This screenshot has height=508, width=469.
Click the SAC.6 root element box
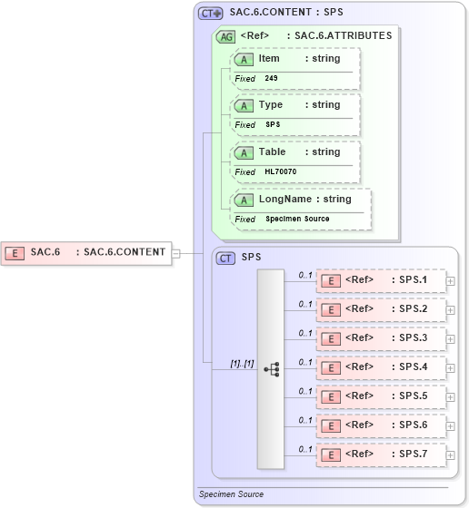[87, 252]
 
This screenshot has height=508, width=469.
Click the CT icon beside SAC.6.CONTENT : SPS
[211, 14]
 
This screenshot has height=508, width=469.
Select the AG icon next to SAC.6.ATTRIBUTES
[225, 36]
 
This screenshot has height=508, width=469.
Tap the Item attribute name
[269, 58]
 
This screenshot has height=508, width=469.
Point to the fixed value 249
[272, 79]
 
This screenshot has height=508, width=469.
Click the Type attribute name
[271, 105]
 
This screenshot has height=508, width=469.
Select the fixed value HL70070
[281, 171]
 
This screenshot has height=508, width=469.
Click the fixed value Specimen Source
[297, 220]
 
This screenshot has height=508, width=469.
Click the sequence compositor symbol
[271, 369]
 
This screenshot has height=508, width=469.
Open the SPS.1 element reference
[382, 281]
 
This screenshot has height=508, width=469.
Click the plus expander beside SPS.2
[451, 310]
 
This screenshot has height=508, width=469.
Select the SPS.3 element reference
[382, 338]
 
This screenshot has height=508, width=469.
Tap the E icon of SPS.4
[333, 367]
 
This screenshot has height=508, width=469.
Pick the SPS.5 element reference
[382, 396]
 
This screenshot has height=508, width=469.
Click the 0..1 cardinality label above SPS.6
[305, 420]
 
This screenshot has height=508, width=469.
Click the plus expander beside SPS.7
[451, 455]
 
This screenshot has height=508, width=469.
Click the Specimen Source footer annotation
[231, 494]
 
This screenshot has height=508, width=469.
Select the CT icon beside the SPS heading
[225, 258]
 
